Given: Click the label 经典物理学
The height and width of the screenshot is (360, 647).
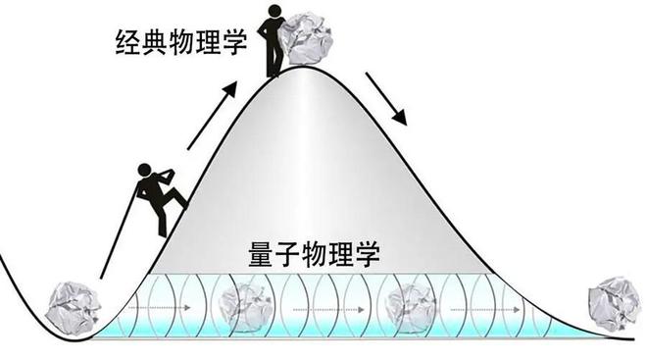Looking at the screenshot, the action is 181,42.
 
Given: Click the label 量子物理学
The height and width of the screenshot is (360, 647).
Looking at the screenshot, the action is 314,255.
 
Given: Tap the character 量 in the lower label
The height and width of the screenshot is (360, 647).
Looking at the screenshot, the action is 262,255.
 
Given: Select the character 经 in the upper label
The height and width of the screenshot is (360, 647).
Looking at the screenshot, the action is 128,42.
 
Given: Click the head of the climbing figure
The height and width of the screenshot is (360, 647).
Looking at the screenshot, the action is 144,170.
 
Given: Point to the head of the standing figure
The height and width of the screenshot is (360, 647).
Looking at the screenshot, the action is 274,11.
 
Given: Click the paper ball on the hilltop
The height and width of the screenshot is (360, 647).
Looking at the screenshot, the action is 306,39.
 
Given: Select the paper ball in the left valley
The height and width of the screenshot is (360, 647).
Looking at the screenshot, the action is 73,308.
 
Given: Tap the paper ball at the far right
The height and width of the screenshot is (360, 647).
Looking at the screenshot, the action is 615,303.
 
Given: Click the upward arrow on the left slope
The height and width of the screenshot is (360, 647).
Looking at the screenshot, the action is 212,116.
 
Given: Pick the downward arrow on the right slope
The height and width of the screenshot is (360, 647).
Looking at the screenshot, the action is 386,99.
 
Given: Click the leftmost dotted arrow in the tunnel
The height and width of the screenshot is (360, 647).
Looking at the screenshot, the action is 159,308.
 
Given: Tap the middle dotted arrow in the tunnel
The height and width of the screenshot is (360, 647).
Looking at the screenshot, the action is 328,310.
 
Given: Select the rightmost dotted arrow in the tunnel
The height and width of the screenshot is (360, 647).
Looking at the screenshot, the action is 485,310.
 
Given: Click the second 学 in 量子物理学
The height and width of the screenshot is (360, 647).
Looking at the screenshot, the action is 367,255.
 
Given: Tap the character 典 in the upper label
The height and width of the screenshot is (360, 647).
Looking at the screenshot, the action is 156,42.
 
